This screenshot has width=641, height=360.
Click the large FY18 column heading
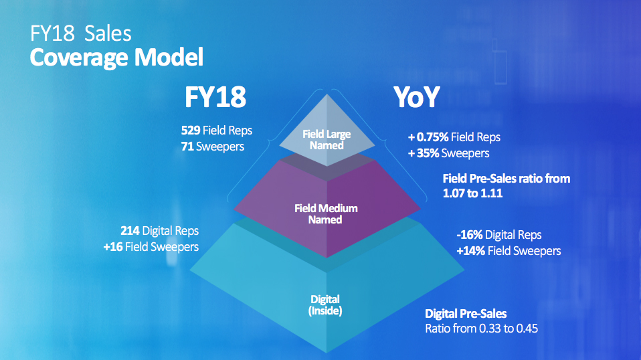pyautogui.click(x=215, y=97)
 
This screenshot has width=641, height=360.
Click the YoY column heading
pyautogui.click(x=417, y=97)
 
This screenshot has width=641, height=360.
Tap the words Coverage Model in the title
pyautogui.click(x=116, y=58)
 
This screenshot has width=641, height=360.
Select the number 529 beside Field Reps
pyautogui.click(x=191, y=130)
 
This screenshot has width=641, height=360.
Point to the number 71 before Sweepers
pyautogui.click(x=187, y=147)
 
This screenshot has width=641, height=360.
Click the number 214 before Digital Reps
pyautogui.click(x=130, y=231)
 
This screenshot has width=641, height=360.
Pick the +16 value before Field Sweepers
pyautogui.click(x=113, y=247)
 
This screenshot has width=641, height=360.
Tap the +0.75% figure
pyautogui.click(x=428, y=137)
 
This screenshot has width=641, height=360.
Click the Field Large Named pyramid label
pyautogui.click(x=327, y=140)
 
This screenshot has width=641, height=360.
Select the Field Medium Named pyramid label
pyautogui.click(x=326, y=214)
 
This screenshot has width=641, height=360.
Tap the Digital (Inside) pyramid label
pyautogui.click(x=325, y=305)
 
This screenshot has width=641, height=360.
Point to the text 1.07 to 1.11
pyautogui.click(x=472, y=193)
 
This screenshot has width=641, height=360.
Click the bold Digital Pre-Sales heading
pyautogui.click(x=466, y=314)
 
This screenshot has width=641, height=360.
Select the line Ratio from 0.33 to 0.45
pyautogui.click(x=482, y=329)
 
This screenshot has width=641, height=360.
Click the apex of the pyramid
pyautogui.click(x=327, y=95)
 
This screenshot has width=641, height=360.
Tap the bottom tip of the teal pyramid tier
pyautogui.click(x=327, y=352)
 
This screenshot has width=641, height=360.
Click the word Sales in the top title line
pyautogui.click(x=108, y=33)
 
